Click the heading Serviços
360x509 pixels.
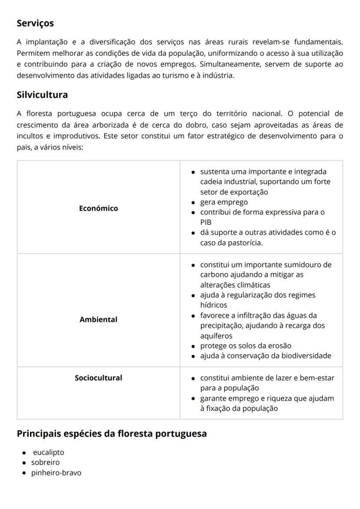[x=35, y=23]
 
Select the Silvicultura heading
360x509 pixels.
[x=42, y=94]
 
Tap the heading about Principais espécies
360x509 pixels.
[x=112, y=434]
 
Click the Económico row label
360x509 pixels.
[x=98, y=208]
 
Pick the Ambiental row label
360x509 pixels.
[x=98, y=320]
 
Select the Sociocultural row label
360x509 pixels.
[x=98, y=378]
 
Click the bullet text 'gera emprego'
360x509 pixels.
[x=224, y=202]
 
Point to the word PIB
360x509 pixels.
[x=206, y=222]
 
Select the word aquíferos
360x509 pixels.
[x=216, y=336]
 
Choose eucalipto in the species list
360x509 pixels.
[x=48, y=452]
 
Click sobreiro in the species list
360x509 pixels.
[x=45, y=462]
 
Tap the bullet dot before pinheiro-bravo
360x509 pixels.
[x=24, y=473]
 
